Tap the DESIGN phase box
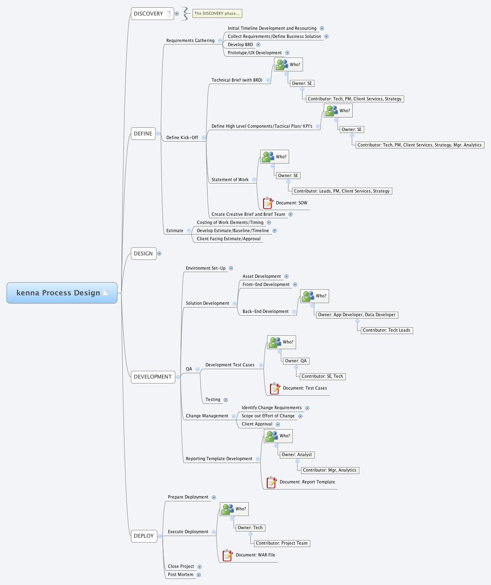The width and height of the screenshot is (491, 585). coord(144,253)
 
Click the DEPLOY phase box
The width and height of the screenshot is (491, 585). coord(144,536)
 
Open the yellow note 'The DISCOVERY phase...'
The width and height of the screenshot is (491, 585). coord(217,13)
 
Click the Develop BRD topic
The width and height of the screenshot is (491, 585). coord(240,44)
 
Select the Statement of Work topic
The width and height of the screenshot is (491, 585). coord(230,179)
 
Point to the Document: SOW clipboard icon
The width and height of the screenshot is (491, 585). coord(268,203)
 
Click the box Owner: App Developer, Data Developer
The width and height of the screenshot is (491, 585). coord(356,315)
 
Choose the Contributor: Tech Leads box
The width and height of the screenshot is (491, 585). coord(386,330)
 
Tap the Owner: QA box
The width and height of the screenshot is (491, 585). coord(296,361)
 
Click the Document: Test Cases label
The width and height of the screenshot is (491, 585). coord(305,388)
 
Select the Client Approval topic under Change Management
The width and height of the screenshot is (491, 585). coord(257,424)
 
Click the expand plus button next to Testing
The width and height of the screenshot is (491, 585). coord(226,400)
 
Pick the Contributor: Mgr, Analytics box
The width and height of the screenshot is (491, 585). coord(330,470)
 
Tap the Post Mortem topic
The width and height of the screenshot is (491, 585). coord(181,574)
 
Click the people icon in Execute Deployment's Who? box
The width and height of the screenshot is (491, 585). coord(228,509)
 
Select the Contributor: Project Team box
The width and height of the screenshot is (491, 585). coord(282,543)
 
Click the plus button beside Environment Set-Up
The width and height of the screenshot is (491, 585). coord(231,268)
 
